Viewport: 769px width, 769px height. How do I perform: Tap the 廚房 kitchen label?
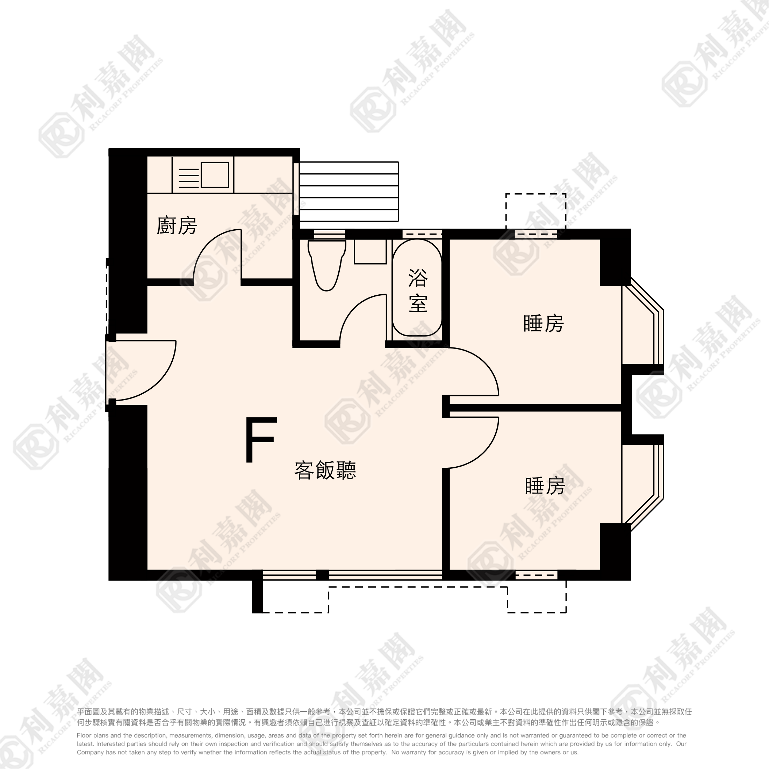point(177,226)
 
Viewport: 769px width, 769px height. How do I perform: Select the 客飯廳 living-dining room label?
point(325,470)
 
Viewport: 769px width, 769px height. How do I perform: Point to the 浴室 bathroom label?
point(418,290)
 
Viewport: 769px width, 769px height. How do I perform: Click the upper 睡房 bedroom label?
point(544,323)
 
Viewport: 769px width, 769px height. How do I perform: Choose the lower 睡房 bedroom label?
point(545,486)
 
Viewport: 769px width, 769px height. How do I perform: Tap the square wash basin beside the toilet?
point(370,251)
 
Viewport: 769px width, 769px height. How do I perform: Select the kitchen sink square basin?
point(215,175)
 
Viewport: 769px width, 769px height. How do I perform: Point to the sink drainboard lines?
point(189,178)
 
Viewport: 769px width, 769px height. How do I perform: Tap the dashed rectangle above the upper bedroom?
point(536,212)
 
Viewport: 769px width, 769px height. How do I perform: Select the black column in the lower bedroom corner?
point(615,551)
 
